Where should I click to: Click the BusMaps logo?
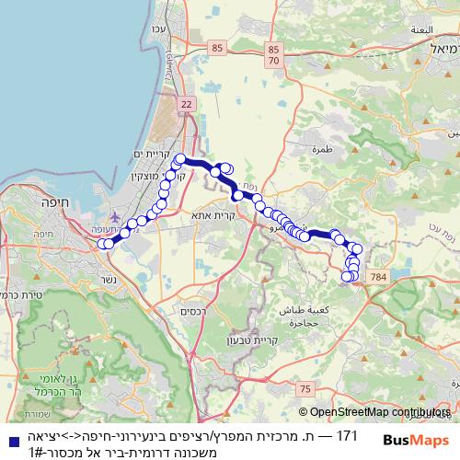pos(417,441)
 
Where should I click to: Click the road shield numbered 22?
pos(188,106)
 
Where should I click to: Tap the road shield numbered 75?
pos(304,391)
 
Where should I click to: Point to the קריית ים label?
pos(154,154)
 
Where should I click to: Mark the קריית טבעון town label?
pos(254,339)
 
